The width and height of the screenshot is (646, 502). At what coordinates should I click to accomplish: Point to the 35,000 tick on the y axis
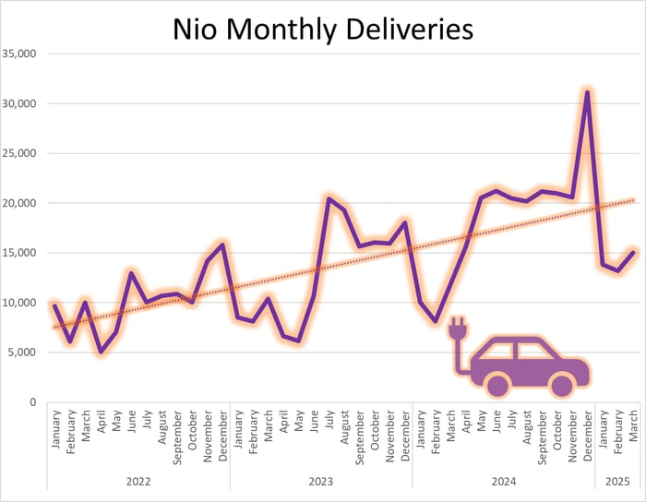(18, 54)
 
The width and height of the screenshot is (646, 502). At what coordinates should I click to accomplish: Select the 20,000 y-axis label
(18, 203)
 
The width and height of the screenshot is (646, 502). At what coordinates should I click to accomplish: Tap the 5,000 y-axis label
(21, 353)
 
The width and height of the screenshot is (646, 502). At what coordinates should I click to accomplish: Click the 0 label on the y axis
(31, 402)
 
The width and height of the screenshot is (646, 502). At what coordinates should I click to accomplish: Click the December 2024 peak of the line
(587, 91)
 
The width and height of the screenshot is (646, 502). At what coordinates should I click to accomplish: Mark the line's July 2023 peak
(329, 197)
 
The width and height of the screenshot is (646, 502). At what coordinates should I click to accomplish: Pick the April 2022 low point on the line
(101, 352)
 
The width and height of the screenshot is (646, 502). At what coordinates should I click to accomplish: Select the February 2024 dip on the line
(436, 321)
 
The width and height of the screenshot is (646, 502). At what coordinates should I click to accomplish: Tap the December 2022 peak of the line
(222, 245)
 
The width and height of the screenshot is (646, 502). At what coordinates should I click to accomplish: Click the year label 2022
(138, 481)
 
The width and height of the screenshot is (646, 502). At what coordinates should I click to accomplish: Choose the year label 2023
(320, 481)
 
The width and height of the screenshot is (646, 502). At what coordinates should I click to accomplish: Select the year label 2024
(503, 481)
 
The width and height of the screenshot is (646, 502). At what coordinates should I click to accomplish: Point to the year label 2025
(617, 481)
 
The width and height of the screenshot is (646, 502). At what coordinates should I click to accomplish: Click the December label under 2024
(587, 435)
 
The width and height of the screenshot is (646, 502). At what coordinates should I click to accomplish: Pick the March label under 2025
(633, 426)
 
